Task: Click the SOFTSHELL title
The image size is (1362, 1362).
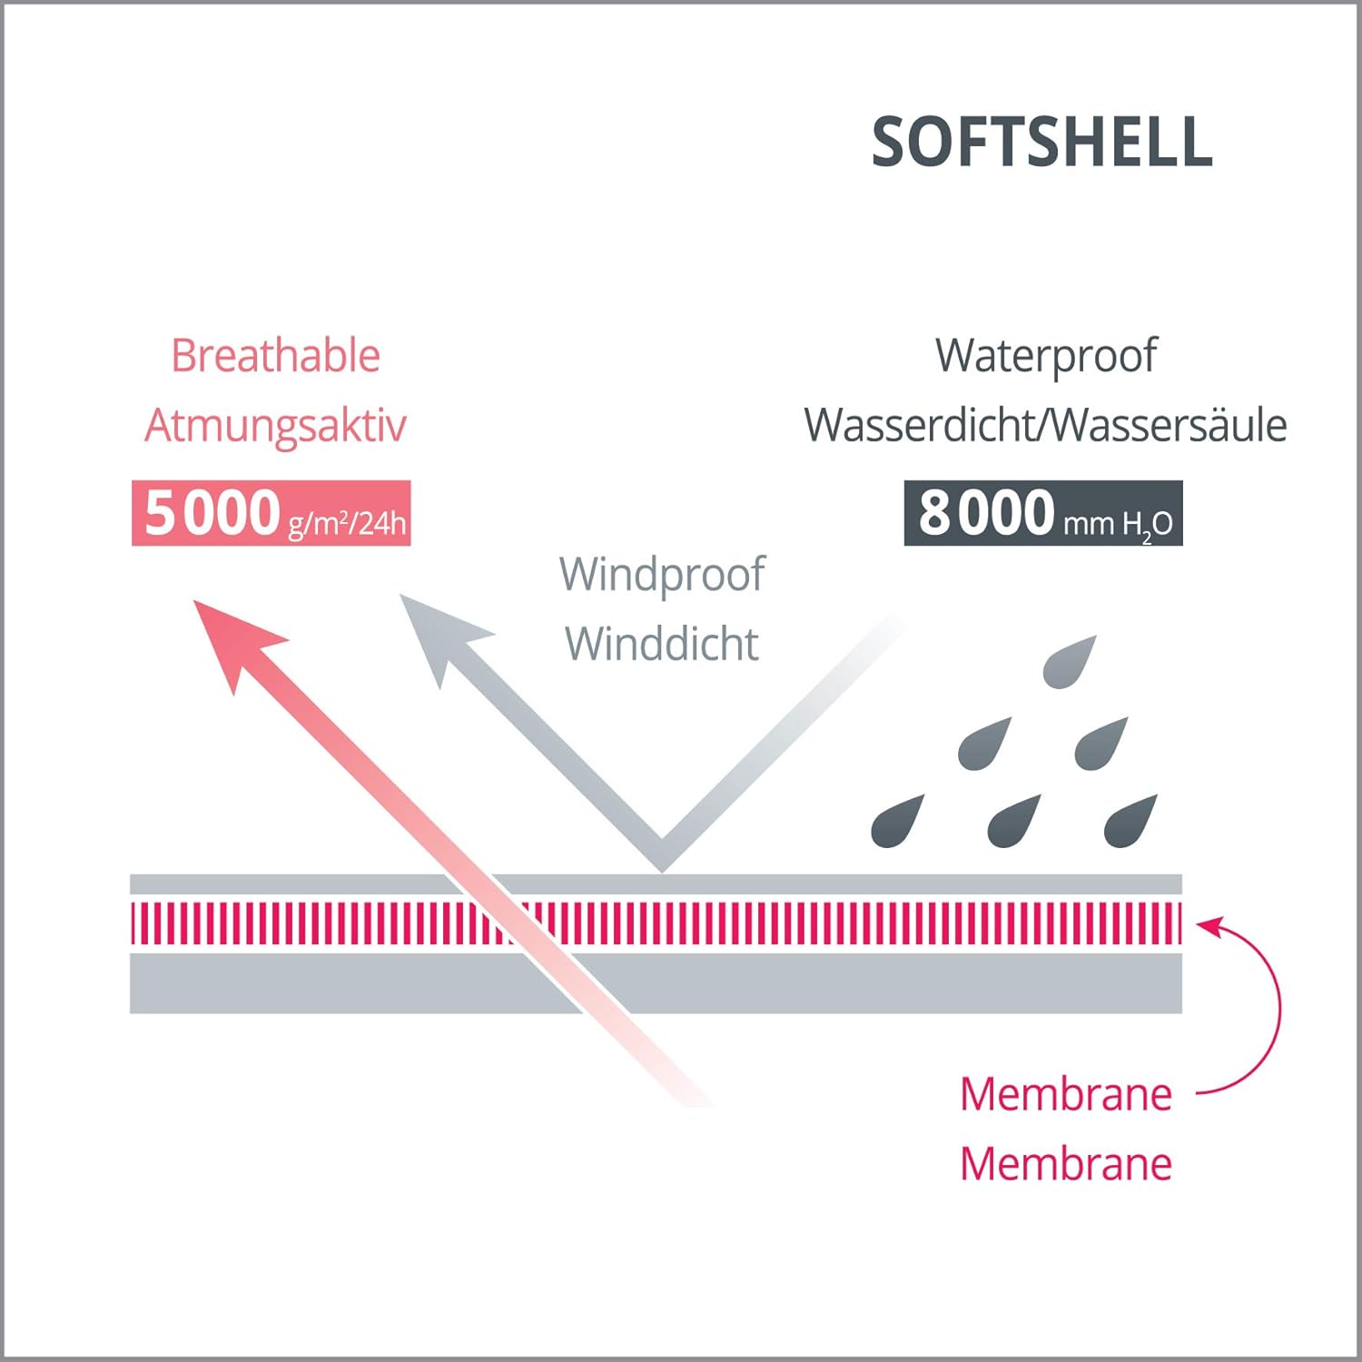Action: point(1041,143)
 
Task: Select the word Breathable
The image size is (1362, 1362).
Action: point(275,355)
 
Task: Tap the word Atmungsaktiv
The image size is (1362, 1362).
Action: point(275,425)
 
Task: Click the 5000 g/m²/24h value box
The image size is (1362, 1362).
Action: point(271,513)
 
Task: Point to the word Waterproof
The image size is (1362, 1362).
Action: point(1046,355)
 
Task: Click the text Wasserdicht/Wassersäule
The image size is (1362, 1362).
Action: point(1045,425)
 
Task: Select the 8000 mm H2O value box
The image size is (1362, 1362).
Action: point(1043,513)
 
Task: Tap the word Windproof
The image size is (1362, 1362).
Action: point(662,574)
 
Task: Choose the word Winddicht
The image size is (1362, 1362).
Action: point(662,644)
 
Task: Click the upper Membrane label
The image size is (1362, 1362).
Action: point(1066,1094)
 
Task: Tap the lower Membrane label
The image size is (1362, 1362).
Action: point(1066,1164)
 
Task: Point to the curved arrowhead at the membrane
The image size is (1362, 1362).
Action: point(1209,927)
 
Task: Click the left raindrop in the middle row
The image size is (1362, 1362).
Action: point(984,744)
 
